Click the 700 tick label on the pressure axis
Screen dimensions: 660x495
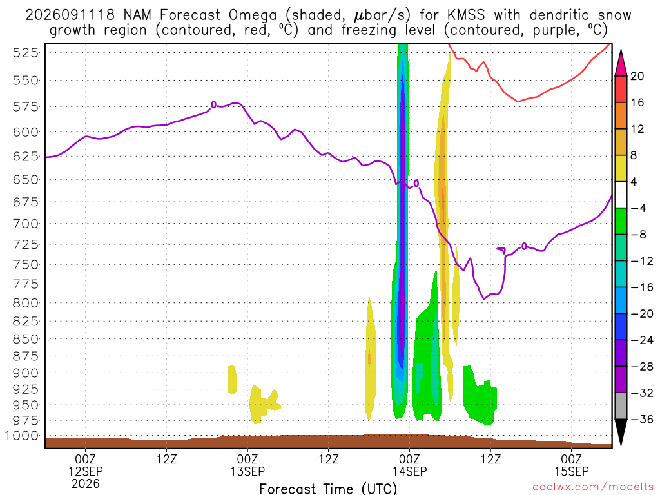26,224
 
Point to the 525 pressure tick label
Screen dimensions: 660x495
26,53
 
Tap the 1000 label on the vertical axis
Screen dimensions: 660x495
22,436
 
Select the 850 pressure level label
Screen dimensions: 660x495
26,339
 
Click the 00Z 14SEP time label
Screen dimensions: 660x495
409,465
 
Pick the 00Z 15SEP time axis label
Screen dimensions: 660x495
572,465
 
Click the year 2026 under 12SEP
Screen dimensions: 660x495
86,483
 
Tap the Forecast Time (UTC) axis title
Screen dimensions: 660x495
328,489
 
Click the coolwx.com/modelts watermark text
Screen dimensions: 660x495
593,487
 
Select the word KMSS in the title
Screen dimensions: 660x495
466,15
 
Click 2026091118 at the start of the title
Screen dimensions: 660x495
70,15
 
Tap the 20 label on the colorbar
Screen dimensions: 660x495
637,76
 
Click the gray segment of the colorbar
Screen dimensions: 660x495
621,406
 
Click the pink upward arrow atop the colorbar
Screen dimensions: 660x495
621,63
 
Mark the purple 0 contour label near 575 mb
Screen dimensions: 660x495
214,105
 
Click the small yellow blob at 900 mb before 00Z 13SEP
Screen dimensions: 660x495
232,380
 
